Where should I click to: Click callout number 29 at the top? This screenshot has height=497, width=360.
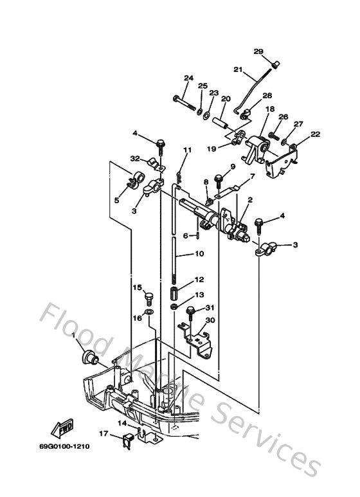pyautogui.click(x=258, y=51)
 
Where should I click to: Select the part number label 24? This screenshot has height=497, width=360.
pyautogui.click(x=188, y=78)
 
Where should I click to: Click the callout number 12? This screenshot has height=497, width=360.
pyautogui.click(x=199, y=280)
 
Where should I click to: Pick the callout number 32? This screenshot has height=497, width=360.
pyautogui.click(x=136, y=159)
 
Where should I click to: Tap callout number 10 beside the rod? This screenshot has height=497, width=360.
pyautogui.click(x=199, y=254)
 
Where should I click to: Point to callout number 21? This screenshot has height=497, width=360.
pyautogui.click(x=237, y=70)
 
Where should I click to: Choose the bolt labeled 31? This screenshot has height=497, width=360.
pyautogui.click(x=192, y=313)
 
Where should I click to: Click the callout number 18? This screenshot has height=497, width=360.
pyautogui.click(x=269, y=110)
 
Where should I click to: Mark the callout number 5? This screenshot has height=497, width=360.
pyautogui.click(x=116, y=200)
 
